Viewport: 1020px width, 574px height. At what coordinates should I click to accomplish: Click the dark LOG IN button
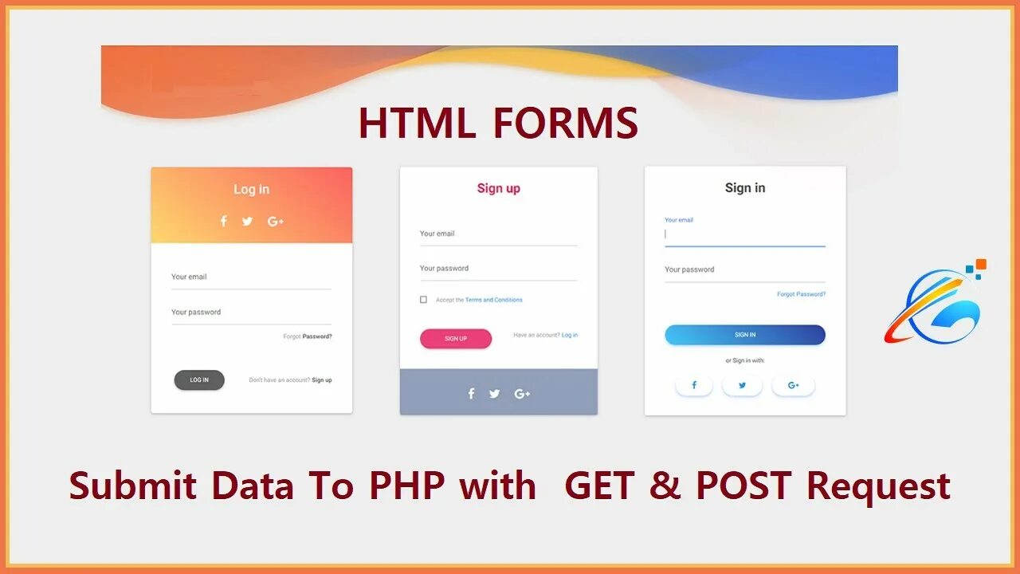click(199, 380)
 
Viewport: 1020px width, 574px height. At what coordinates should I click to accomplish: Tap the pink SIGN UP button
click(456, 339)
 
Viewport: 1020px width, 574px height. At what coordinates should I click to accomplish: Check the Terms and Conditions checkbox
click(423, 300)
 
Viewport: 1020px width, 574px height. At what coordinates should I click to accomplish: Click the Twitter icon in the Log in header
click(247, 222)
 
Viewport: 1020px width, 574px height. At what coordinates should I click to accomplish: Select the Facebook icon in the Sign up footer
click(471, 394)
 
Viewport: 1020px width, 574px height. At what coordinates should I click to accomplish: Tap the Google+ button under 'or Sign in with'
click(793, 386)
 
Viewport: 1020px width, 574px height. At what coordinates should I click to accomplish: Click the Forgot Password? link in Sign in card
click(801, 294)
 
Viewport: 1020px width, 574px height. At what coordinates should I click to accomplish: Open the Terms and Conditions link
click(494, 300)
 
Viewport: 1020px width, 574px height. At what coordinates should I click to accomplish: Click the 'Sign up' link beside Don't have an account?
click(322, 380)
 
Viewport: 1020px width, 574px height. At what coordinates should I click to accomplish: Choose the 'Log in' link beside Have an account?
click(570, 335)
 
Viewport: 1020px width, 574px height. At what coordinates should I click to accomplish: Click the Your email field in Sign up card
click(498, 234)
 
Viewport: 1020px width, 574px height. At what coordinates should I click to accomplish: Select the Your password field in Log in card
click(251, 313)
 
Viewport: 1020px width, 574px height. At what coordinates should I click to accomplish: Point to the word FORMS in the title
click(565, 124)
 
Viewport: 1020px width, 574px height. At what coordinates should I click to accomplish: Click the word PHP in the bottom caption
click(406, 486)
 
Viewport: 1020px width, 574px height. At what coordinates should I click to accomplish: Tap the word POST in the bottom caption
click(746, 486)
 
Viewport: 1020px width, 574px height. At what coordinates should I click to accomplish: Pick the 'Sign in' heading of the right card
click(745, 188)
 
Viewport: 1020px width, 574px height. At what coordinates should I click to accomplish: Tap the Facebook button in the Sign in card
click(694, 386)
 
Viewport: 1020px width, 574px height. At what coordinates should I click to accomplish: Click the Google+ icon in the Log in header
click(276, 222)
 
